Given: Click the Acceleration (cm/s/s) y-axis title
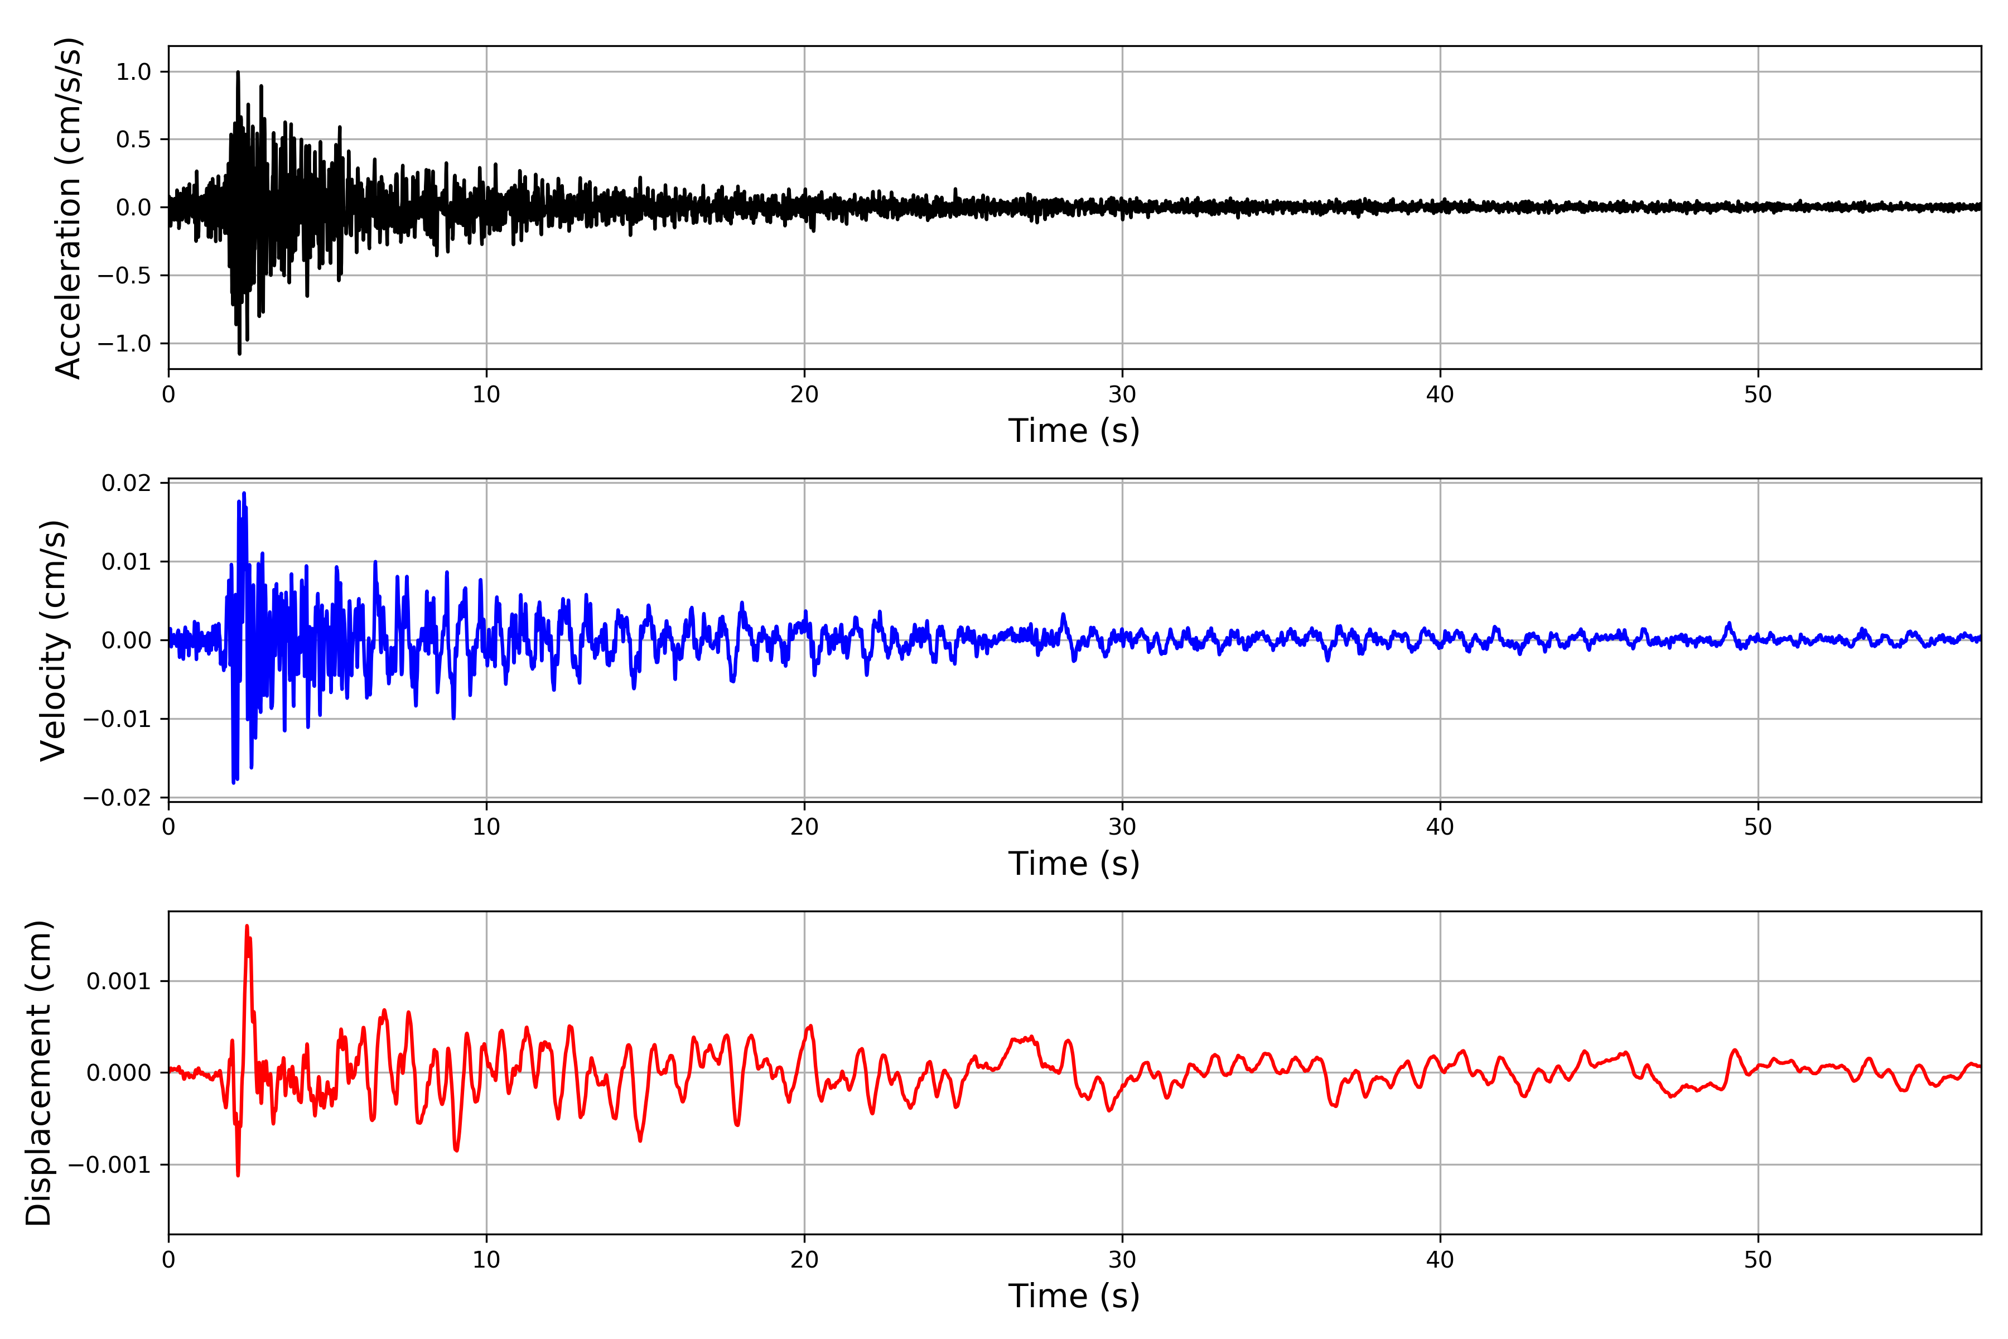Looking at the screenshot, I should [x=67, y=208].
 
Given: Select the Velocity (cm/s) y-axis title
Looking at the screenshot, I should [x=54, y=640].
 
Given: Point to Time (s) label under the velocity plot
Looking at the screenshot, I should [x=1073, y=863].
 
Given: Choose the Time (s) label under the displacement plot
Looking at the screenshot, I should [x=1073, y=1296].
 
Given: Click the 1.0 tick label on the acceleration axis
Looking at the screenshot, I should [x=133, y=72].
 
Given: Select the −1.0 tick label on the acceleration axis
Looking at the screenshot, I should [x=124, y=343].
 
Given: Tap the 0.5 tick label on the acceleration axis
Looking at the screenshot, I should [x=133, y=139].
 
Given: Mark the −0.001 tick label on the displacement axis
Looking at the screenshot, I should [x=108, y=1165].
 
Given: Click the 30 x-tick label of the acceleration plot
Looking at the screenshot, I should [x=1122, y=394].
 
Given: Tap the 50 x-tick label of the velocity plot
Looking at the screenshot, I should [x=1758, y=827].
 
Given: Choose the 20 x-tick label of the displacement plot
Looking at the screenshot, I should [x=804, y=1260].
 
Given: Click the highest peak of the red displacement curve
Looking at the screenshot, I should [x=247, y=926].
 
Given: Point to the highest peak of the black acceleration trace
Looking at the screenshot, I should [x=238, y=73].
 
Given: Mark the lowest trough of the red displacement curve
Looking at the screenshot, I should [x=238, y=1175].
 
